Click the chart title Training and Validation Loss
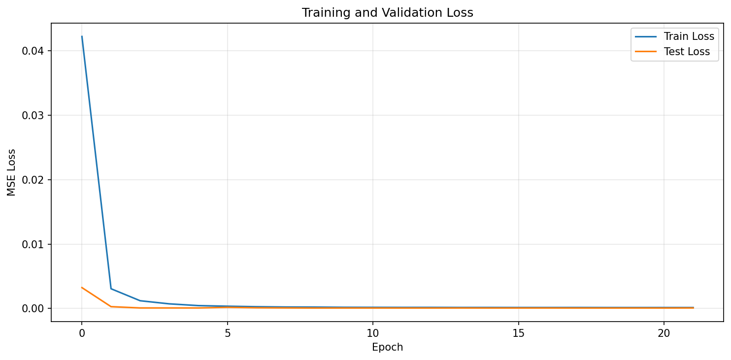(387, 13)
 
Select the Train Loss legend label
(689, 36)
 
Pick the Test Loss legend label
(687, 52)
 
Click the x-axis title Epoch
(387, 347)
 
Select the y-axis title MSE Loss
(12, 172)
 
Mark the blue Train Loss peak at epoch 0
(82, 36)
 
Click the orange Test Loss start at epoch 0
(82, 288)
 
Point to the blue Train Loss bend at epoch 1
(111, 289)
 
